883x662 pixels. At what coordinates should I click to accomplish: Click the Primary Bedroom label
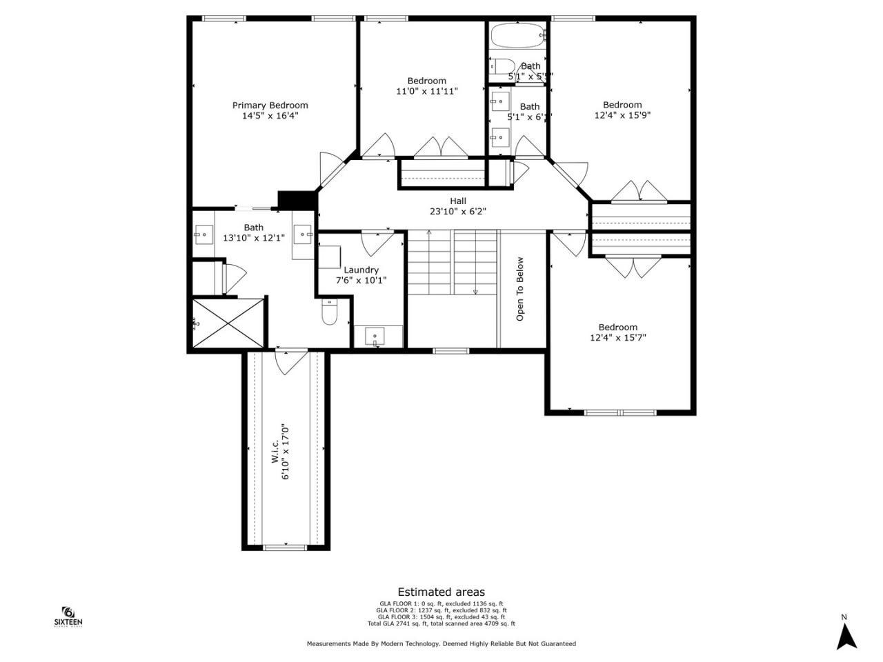point(270,106)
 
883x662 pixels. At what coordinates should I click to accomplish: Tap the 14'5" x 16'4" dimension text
point(270,116)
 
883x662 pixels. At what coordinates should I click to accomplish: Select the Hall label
point(458,201)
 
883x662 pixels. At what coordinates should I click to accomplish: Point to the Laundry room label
point(361,270)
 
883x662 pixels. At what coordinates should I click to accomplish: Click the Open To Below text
point(520,289)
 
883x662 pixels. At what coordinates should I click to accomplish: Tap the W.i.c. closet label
point(275,452)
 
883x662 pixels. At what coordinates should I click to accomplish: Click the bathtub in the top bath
point(517,34)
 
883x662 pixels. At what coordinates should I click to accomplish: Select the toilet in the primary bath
point(329,314)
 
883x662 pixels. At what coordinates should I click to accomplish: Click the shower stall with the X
point(228,323)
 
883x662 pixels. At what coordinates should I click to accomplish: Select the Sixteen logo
point(68,616)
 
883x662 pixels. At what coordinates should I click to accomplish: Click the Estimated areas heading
point(441,592)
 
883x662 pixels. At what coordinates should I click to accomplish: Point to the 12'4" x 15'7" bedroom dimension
point(617,338)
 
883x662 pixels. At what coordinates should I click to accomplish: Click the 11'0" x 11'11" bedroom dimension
point(426,91)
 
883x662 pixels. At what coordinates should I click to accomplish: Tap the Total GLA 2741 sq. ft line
point(441,624)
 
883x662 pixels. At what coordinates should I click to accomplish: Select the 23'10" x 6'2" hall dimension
point(458,212)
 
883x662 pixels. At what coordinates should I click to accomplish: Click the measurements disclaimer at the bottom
point(441,643)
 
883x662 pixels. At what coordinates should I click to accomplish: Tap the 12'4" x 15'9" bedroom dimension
point(622,116)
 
